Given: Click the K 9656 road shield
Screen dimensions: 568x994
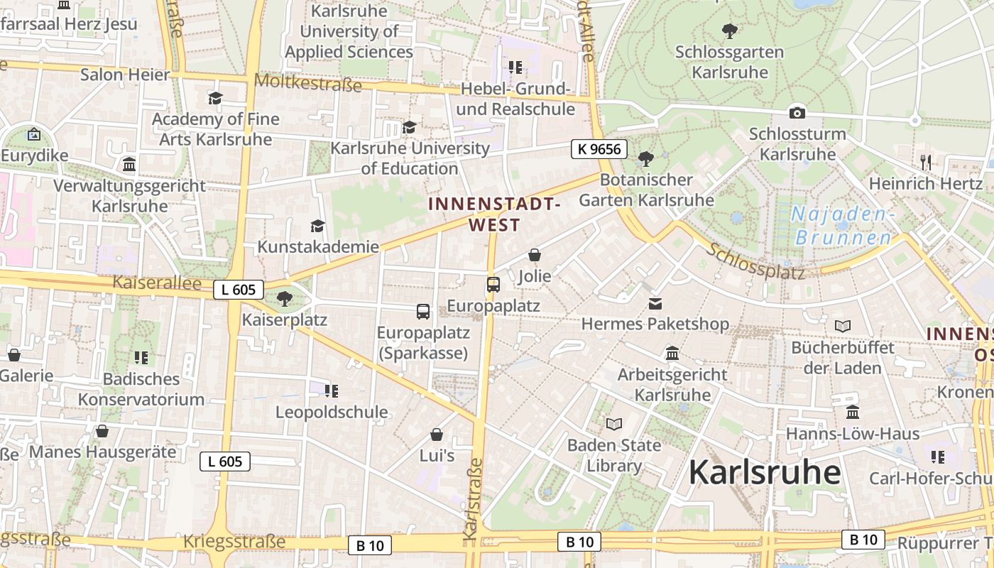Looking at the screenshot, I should tap(600, 149).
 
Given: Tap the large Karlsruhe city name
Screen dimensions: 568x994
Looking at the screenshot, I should tap(765, 472).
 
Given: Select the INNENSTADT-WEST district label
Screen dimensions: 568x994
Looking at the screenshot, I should tap(495, 214).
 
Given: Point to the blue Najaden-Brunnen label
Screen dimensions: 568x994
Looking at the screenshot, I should tap(843, 226).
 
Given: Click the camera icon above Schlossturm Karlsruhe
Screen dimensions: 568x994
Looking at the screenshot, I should tap(797, 113).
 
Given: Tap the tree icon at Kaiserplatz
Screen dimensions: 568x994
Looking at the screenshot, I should tap(285, 298).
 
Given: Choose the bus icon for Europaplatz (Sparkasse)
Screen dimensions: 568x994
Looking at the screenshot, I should tap(422, 311).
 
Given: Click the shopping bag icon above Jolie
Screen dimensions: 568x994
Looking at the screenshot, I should tap(535, 255).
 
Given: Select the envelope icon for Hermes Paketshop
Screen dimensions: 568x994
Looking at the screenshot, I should tap(655, 304).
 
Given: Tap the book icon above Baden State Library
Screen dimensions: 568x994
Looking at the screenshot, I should tap(614, 424).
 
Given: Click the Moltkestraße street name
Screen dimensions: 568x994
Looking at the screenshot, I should tap(307, 82).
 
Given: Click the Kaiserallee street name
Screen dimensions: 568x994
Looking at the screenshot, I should tap(157, 283).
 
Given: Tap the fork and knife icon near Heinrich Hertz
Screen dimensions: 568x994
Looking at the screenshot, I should tap(926, 162).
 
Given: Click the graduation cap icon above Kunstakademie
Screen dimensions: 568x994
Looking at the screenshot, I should tap(317, 226).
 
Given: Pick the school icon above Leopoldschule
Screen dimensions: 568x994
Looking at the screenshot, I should tap(331, 390).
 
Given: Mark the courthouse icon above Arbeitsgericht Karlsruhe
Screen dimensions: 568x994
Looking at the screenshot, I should tap(672, 353).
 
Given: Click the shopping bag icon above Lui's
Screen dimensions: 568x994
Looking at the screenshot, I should tap(437, 435).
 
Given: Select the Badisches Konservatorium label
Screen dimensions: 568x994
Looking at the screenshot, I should tap(141, 389).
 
